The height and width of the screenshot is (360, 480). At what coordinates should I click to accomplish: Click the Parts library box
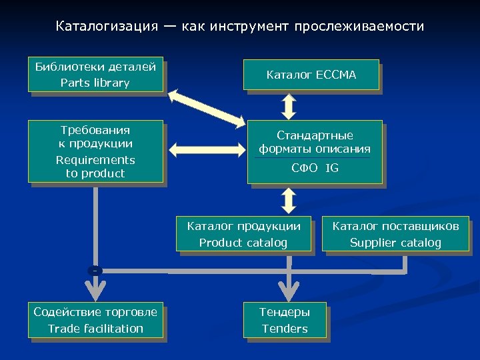point(95,74)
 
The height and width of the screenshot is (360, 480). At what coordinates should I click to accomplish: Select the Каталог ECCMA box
point(311,75)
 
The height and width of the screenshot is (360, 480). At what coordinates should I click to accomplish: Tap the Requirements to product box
point(95,151)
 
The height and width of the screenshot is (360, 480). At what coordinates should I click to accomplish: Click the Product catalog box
point(243,234)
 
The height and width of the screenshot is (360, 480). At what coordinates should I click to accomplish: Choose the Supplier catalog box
point(395,234)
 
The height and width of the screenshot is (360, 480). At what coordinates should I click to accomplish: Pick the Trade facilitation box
point(95,320)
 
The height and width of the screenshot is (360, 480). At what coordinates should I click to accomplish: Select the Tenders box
point(285,320)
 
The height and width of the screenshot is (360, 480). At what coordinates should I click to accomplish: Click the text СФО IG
point(315,168)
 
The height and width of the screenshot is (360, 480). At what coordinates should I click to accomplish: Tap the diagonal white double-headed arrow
point(207,107)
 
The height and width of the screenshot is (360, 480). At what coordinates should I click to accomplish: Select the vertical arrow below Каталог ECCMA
point(289,105)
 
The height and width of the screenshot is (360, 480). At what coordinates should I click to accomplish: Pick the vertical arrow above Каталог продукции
point(289,199)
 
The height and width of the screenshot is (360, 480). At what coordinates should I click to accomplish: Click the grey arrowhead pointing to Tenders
point(289,291)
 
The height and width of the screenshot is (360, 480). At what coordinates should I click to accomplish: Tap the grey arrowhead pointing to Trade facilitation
point(96,291)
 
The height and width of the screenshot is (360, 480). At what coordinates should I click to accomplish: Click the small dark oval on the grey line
point(96,271)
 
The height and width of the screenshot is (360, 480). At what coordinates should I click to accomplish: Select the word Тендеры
point(285,312)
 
